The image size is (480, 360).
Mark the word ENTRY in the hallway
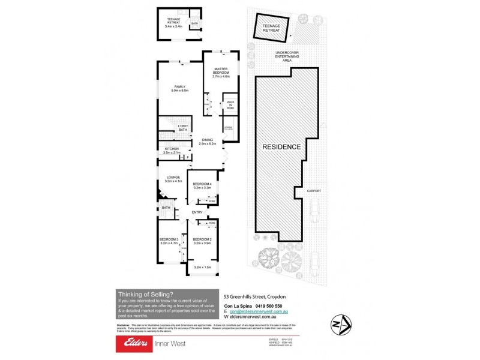point(197,212)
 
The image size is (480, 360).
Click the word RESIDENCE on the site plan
point(280,146)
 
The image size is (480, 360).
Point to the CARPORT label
point(314,191)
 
